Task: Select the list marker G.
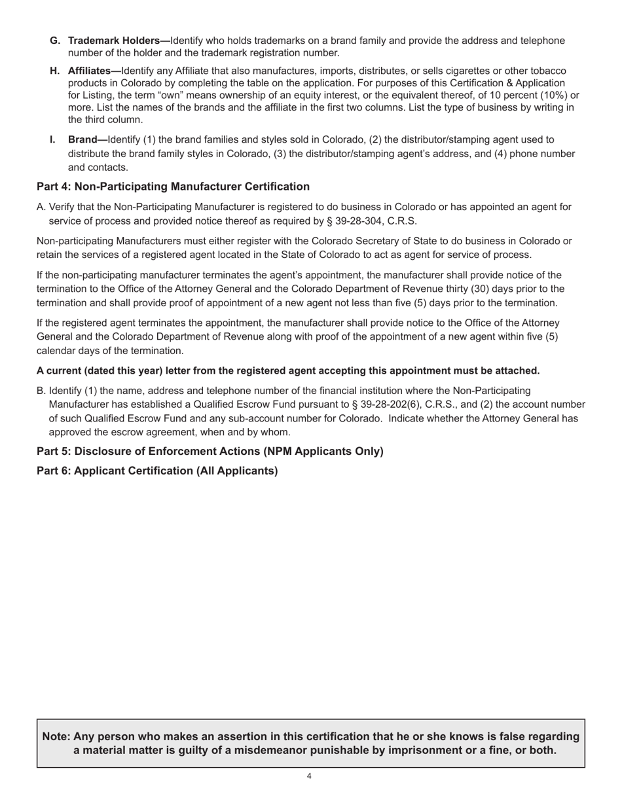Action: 55,41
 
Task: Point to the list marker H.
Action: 55,70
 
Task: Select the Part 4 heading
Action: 173,187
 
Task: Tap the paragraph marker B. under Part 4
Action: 41,390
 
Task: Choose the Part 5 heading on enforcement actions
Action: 210,451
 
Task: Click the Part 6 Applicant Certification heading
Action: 157,471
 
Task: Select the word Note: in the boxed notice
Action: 56,736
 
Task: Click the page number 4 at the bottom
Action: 309,776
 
